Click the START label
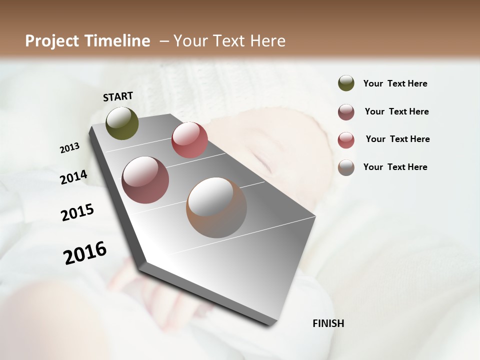click(x=118, y=96)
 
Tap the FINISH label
click(x=328, y=323)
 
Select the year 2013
click(x=69, y=148)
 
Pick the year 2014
click(x=73, y=177)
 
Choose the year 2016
click(x=85, y=252)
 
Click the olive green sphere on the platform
click(x=122, y=123)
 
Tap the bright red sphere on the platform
click(x=189, y=140)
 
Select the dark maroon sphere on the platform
click(x=145, y=180)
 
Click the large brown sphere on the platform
click(x=216, y=207)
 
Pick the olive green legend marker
click(x=346, y=83)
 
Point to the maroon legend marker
click(x=346, y=112)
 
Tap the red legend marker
click(x=346, y=140)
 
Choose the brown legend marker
click(x=346, y=167)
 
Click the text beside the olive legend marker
click(x=395, y=83)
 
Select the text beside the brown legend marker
click(x=395, y=167)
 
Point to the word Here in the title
click(x=267, y=41)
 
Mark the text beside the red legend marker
click(x=397, y=139)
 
